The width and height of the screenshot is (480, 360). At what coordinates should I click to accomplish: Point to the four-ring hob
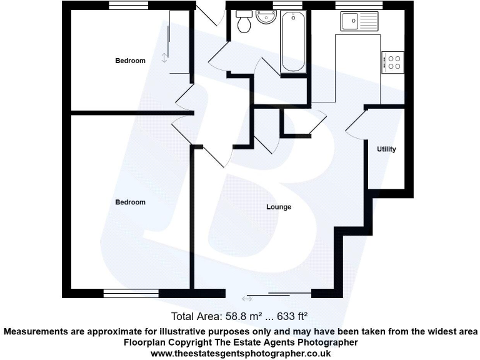394,61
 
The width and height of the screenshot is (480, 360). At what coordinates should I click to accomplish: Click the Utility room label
386,149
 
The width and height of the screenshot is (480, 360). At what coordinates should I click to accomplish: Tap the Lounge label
279,207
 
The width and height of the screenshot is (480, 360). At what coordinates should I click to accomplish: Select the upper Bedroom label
130,61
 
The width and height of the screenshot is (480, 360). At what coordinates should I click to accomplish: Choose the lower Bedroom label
130,202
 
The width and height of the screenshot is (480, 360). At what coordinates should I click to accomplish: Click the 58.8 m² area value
230,316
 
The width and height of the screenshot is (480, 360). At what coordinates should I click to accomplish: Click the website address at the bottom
240,353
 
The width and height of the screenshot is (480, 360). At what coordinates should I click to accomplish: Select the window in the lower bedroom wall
131,292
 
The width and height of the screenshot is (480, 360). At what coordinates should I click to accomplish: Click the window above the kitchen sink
359,5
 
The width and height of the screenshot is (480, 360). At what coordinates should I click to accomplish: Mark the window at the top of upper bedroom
129,5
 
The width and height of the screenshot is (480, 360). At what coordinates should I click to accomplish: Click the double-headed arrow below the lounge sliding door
247,299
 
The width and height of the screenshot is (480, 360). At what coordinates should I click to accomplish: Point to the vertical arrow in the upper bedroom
164,57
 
